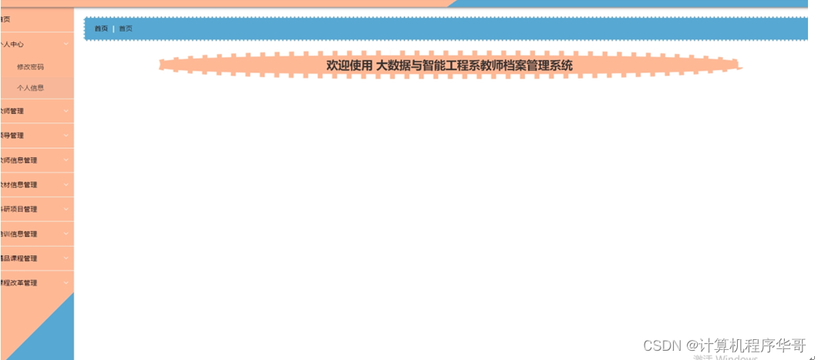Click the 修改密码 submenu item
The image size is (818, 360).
[x=30, y=67]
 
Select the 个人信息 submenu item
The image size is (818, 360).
[x=30, y=88]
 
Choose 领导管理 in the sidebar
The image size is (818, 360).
[x=12, y=136]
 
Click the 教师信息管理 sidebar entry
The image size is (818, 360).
[x=19, y=160]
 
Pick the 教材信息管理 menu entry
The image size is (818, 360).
[x=19, y=185]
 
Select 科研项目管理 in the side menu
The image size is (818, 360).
[x=19, y=209]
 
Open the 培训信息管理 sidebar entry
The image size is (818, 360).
[x=19, y=234]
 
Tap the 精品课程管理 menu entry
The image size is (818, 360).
[x=19, y=258]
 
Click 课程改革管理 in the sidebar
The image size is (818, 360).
[x=19, y=283]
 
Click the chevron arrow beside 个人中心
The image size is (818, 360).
[x=66, y=44]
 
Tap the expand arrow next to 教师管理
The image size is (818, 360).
[x=66, y=110]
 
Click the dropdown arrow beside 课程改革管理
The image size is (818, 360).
[x=66, y=282]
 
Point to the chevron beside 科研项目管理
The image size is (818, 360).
[x=66, y=208]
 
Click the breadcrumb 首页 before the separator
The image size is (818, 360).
[x=101, y=29]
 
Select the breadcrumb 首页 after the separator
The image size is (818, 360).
[x=126, y=29]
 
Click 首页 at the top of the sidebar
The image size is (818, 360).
[x=5, y=19]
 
